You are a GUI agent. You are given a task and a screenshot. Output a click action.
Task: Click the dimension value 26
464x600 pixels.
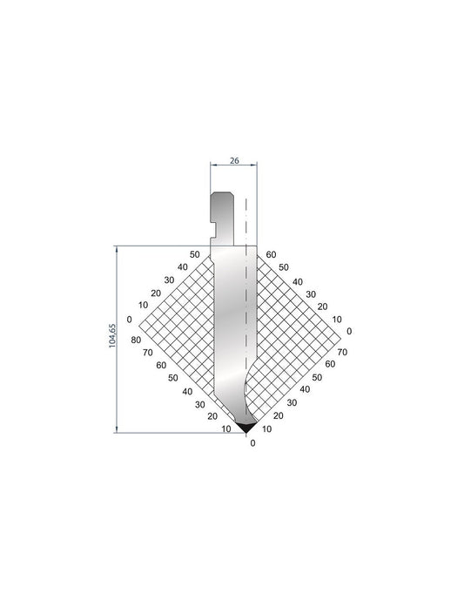(x=234, y=160)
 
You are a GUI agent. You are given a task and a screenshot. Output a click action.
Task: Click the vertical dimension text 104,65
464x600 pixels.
(x=112, y=335)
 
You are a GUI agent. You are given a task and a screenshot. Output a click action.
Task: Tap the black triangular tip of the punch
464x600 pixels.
(x=245, y=427)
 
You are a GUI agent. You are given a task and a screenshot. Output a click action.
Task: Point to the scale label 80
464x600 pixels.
(x=136, y=340)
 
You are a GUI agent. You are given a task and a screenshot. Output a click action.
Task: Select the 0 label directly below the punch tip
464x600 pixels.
(x=252, y=443)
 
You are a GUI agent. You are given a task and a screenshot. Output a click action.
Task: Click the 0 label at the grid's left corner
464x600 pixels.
(x=130, y=319)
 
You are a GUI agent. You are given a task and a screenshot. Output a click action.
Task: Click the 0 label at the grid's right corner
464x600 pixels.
(x=349, y=331)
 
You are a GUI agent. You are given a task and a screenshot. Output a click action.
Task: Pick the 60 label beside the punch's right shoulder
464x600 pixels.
(x=272, y=254)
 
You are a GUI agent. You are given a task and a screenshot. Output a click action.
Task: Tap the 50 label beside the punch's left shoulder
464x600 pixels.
(x=195, y=254)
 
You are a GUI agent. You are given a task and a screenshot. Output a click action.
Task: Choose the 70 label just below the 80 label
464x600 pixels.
(x=148, y=353)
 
